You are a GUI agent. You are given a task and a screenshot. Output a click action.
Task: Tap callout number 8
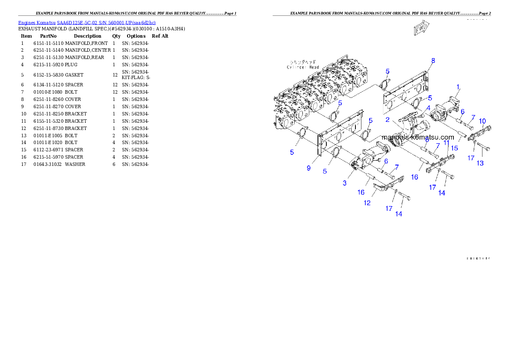(x=433, y=61)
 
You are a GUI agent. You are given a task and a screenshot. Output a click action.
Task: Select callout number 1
(x=458, y=87)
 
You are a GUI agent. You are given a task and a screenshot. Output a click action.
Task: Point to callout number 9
(x=308, y=168)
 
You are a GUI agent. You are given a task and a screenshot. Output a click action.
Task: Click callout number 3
(x=344, y=183)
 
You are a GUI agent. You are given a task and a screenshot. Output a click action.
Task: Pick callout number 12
(x=367, y=203)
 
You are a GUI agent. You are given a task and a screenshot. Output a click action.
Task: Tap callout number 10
(x=482, y=121)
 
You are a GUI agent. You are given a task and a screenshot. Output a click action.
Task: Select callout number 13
(x=480, y=163)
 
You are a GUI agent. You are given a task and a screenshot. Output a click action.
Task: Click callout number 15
(x=454, y=148)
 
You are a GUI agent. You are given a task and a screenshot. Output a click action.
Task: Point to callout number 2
(x=387, y=120)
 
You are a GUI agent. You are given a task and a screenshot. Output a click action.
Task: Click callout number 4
(x=428, y=109)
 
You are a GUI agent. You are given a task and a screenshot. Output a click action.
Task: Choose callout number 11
(x=447, y=142)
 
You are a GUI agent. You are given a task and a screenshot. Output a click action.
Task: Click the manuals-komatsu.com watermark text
(x=418, y=137)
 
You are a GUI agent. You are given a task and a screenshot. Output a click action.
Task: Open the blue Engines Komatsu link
(x=87, y=22)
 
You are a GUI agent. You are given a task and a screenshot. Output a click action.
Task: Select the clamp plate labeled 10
(x=480, y=133)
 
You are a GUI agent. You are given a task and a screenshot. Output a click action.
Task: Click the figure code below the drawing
(x=478, y=258)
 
